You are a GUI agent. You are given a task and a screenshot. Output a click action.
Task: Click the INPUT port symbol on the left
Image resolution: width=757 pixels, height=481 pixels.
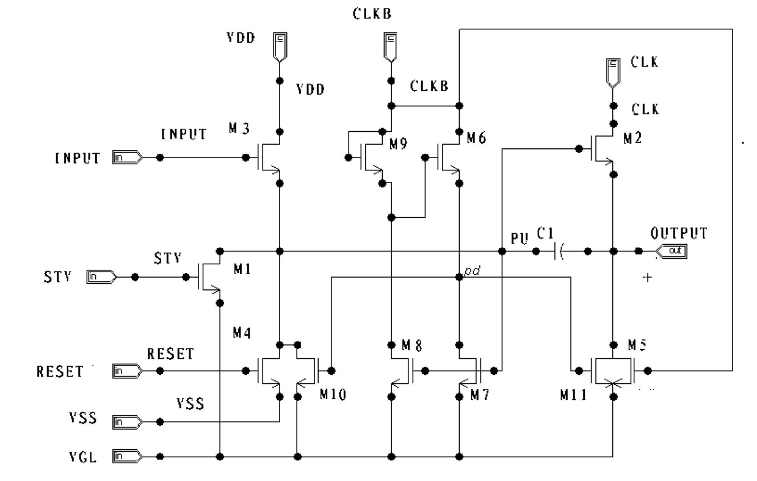[128, 157]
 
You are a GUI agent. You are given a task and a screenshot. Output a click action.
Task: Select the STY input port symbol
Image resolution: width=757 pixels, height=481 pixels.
[102, 277]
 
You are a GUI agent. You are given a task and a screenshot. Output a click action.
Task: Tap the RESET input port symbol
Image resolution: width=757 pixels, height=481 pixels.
[128, 371]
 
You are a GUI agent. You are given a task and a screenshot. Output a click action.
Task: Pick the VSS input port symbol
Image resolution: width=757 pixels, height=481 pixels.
[128, 422]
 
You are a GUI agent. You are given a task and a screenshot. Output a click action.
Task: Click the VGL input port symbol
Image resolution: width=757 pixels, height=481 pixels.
[128, 457]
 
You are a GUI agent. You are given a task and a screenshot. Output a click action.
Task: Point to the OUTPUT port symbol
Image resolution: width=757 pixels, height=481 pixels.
[671, 251]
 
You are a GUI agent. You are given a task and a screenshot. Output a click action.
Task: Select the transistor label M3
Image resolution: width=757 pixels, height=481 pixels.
[239, 128]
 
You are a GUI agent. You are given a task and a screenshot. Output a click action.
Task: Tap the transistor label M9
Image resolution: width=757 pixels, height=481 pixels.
[399, 144]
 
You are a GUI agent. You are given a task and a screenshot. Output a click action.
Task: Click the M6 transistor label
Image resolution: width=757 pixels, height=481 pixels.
[477, 138]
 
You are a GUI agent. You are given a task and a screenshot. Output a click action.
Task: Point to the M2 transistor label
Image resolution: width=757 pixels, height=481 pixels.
[632, 138]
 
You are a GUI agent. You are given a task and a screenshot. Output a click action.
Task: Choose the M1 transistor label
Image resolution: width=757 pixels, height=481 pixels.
[242, 269]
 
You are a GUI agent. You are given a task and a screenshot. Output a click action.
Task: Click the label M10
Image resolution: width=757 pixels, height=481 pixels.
[333, 394]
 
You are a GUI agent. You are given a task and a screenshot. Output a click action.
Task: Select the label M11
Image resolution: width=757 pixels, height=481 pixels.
[573, 395]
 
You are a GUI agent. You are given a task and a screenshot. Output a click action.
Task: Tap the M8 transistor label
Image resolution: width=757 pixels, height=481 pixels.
[412, 345]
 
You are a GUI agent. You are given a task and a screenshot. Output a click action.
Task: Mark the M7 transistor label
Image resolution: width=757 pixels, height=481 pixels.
[480, 395]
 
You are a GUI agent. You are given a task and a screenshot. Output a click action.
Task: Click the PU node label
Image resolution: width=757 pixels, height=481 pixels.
[520, 239]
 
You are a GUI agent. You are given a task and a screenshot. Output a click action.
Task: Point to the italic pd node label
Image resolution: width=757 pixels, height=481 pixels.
[473, 271]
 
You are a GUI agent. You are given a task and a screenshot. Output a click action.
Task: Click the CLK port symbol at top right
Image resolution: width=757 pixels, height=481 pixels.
[613, 73]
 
